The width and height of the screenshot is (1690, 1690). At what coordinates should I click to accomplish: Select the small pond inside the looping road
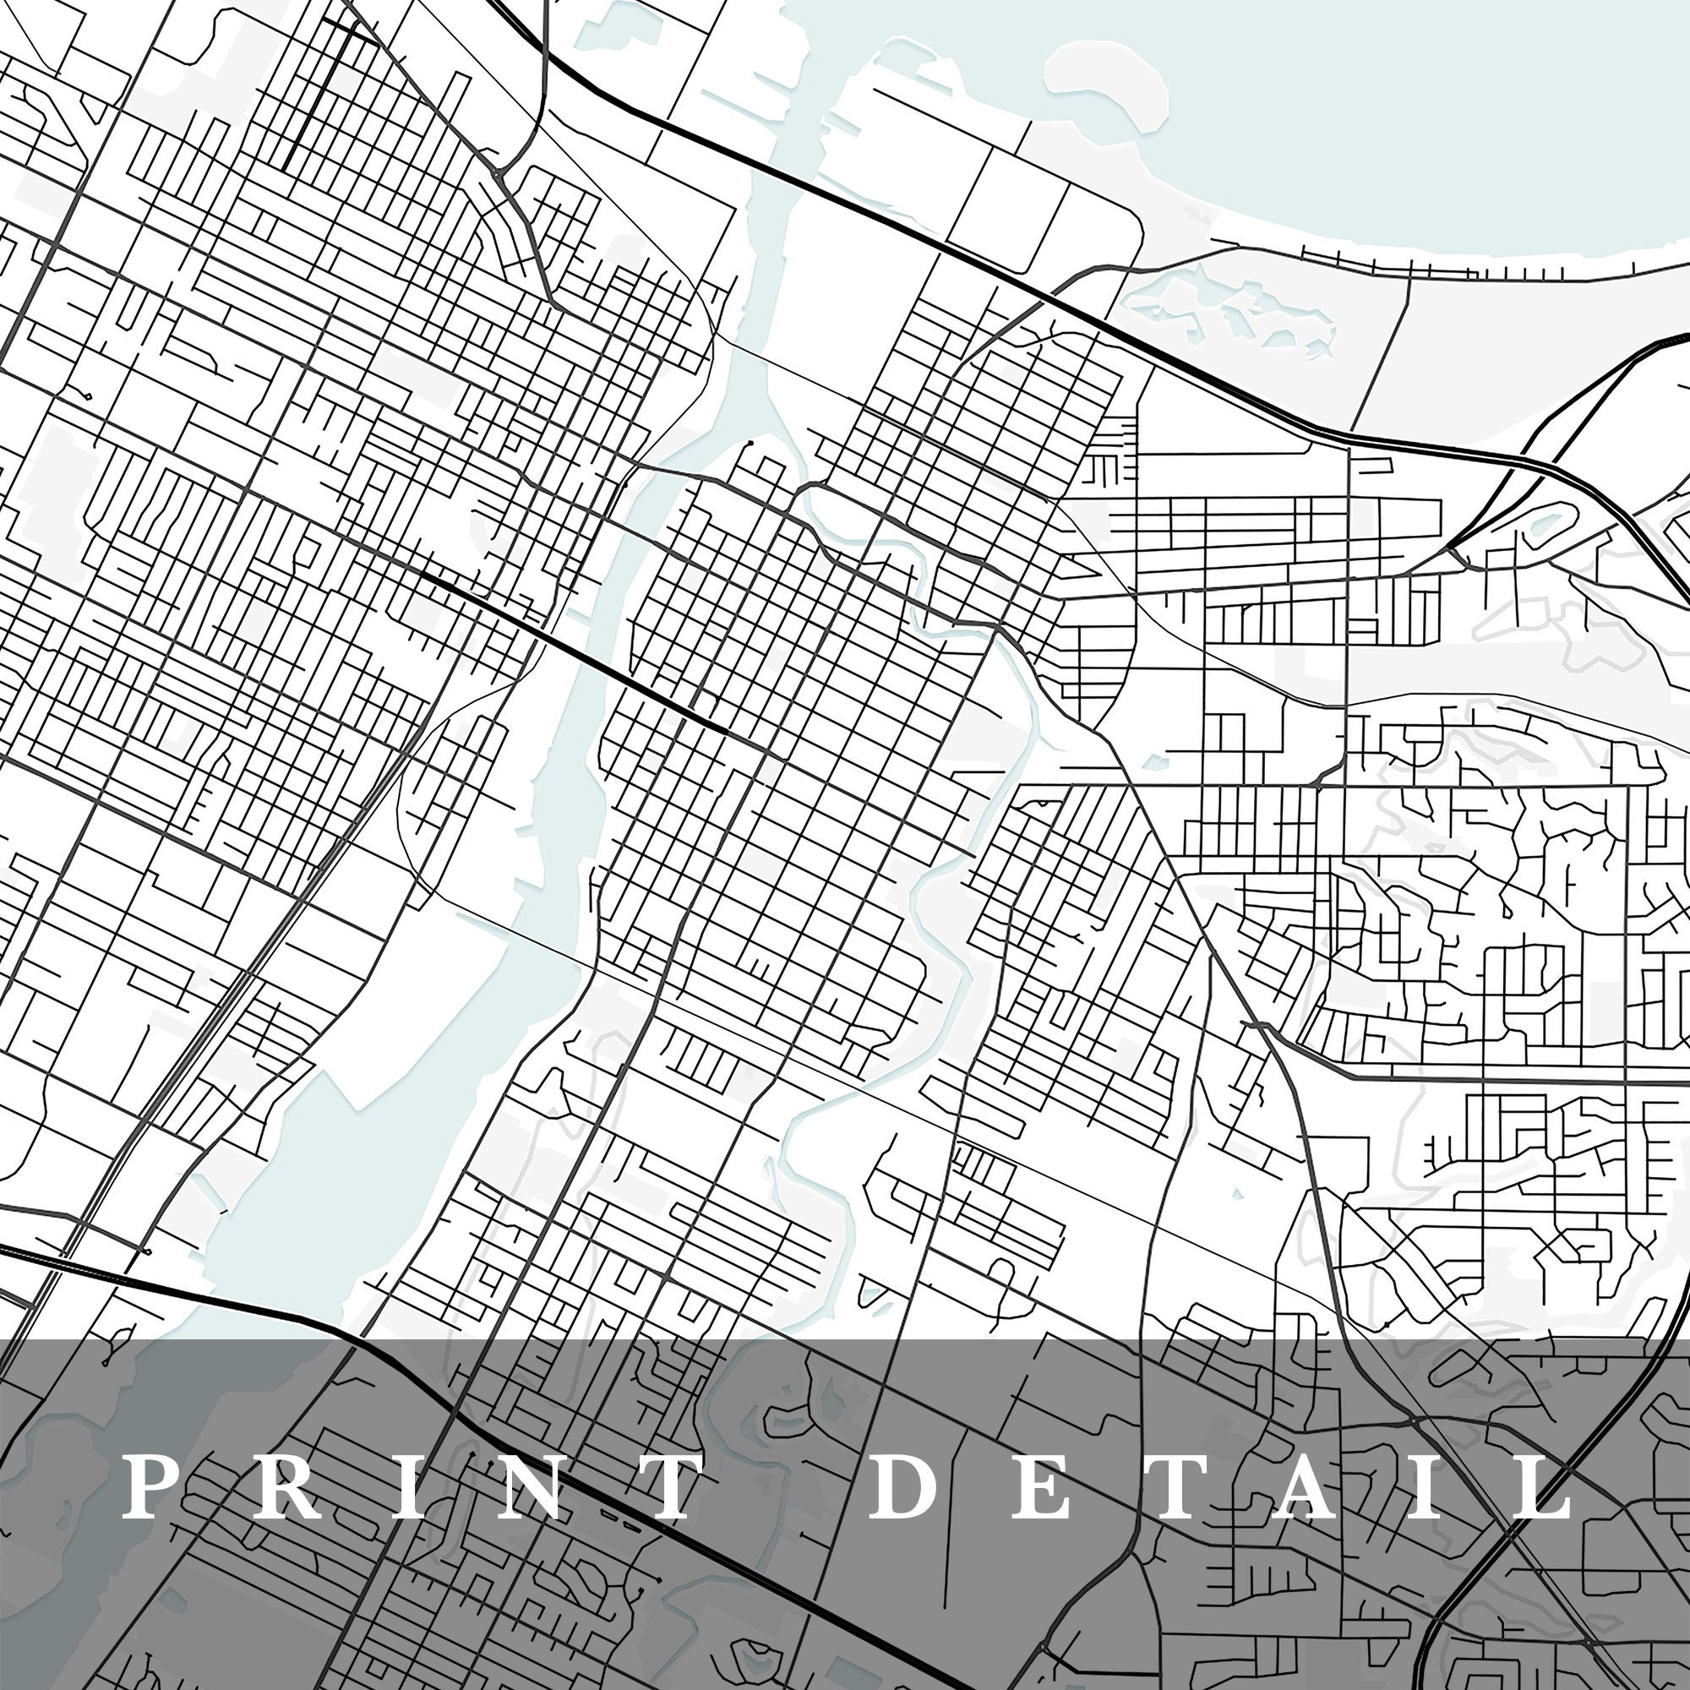pyautogui.click(x=1544, y=523)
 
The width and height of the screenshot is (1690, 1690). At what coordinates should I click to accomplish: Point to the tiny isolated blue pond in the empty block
pyautogui.click(x=1236, y=1192)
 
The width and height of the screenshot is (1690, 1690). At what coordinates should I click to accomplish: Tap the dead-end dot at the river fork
pyautogui.click(x=749, y=445)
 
